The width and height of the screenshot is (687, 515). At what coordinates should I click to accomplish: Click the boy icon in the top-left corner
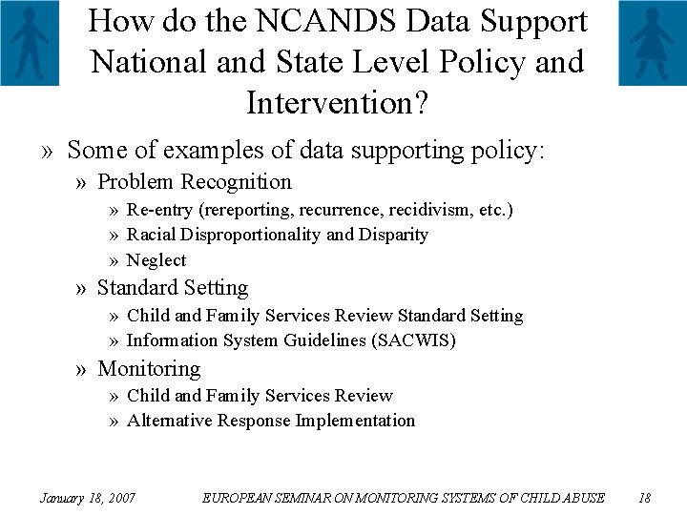[x=29, y=43]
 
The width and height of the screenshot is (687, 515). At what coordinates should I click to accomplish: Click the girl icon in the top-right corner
[x=652, y=43]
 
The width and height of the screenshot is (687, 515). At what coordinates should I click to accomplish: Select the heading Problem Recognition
[x=195, y=181]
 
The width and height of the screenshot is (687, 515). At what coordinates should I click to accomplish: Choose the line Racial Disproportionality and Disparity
[x=278, y=235]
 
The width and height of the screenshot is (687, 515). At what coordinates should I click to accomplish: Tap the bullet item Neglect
[x=156, y=260]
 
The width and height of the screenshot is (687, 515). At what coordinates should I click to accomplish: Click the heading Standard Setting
[x=173, y=287]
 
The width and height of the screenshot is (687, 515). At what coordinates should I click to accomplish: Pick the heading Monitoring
[x=149, y=368]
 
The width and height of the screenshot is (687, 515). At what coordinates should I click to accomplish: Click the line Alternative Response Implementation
[x=271, y=421]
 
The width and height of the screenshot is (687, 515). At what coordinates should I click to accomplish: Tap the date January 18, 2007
[x=87, y=498]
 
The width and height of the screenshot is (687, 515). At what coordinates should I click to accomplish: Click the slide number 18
[x=644, y=498]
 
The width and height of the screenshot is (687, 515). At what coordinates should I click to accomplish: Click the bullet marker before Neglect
[x=114, y=260]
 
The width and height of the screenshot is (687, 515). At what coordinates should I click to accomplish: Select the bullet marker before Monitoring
[x=84, y=368]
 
